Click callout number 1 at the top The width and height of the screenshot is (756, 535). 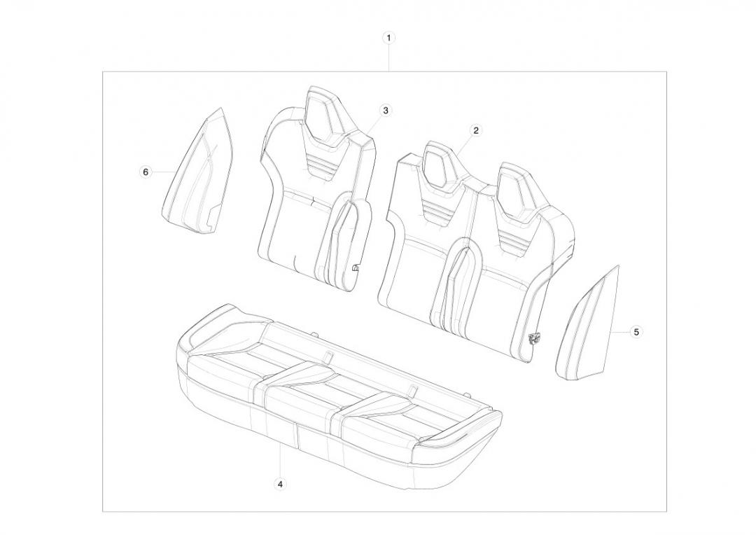(388, 38)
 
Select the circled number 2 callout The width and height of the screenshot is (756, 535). (476, 130)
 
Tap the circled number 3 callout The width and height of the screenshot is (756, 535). (385, 111)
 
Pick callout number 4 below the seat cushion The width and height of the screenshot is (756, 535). (280, 483)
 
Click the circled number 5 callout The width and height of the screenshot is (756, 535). (636, 332)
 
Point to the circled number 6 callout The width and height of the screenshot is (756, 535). (145, 172)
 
